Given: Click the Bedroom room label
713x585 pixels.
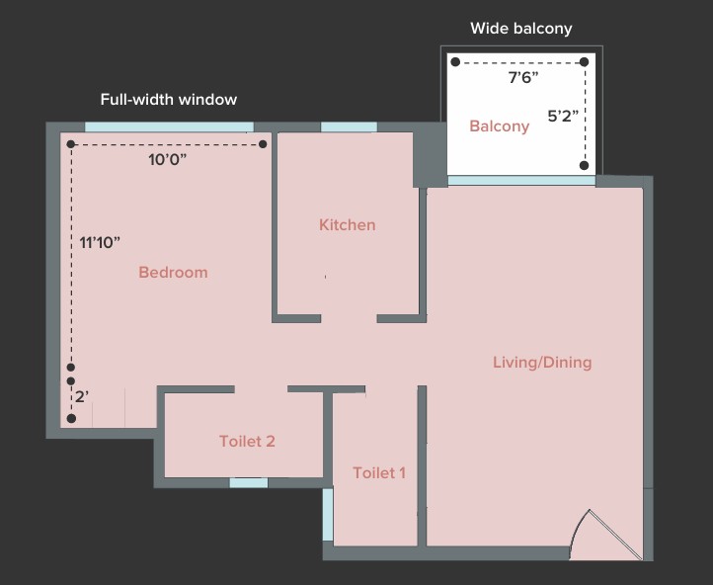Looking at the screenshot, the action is pos(173,272).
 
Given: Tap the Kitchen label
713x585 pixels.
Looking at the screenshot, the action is pos(348,224).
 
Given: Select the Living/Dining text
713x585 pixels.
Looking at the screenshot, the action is pos(542,363).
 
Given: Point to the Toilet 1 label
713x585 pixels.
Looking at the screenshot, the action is pos(379,473).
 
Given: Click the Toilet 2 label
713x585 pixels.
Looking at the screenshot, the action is pos(247,442).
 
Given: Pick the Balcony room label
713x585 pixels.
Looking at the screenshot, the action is pos(500,126).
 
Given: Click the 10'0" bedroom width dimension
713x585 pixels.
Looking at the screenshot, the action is pos(167,160).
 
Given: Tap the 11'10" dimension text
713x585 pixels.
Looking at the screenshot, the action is pos(100,242).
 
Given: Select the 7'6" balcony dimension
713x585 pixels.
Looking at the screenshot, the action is pos(523,78).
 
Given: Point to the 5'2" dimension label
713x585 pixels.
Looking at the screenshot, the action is pos(563,117).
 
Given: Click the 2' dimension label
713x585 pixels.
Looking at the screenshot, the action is pos(82,396).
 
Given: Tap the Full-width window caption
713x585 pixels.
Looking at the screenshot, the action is pos(169,100).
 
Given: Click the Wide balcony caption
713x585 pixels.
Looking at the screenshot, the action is pos(521,29).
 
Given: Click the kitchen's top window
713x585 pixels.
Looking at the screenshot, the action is pos(350,126).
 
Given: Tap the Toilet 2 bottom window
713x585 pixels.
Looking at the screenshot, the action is pos(249,482).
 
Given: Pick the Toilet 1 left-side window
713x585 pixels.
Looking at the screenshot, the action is pos(328,515).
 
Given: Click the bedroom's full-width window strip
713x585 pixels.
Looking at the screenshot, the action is pos(169,126).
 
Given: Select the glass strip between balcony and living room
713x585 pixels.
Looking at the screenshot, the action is pos(521,181).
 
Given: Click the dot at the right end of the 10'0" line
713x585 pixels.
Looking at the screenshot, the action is pos(263,144).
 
